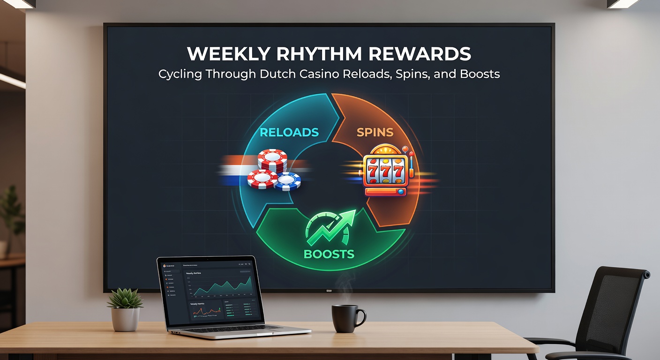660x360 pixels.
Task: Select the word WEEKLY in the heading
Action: (x=226, y=54)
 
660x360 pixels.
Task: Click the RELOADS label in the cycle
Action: (x=289, y=132)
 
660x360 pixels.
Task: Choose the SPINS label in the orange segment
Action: (x=375, y=132)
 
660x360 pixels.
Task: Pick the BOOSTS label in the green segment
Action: (x=329, y=254)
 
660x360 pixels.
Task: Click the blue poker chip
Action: (x=288, y=181)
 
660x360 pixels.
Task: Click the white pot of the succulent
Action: (x=125, y=319)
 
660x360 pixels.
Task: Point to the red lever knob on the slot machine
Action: (x=411, y=153)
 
